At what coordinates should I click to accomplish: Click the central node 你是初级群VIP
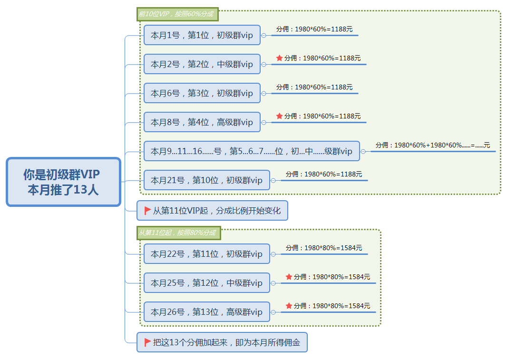pos(63,182)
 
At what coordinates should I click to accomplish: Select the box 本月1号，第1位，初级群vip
pos(202,35)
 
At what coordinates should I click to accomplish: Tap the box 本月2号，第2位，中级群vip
pos(202,64)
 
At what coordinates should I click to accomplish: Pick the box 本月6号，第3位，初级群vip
pos(202,93)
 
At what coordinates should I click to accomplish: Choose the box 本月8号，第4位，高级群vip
pos(202,122)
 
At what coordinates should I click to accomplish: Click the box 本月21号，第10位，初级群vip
pos(206,180)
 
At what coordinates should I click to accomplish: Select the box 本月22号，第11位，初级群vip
pos(206,254)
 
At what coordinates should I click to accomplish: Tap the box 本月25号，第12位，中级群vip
pos(206,283)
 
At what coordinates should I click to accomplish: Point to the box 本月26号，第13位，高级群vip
pos(206,312)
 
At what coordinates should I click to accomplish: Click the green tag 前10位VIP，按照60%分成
pos(177,14)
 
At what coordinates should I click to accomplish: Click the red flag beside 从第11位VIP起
pos(147,210)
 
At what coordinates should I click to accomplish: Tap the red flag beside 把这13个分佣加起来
pos(147,342)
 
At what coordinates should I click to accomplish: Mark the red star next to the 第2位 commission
pos(279,58)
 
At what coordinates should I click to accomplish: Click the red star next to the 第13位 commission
pos(289,306)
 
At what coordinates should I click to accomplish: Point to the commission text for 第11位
pos(324,248)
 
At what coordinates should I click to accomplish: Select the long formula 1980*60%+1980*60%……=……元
pos(433,145)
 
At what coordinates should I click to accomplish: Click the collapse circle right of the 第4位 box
pos(263,122)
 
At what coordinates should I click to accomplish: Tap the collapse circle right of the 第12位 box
pos(273,283)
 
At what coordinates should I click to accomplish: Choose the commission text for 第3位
pos(314,87)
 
